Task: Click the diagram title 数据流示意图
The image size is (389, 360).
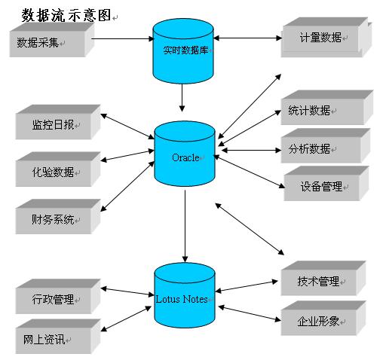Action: pyautogui.click(x=66, y=16)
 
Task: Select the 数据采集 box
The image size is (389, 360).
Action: pyautogui.click(x=52, y=40)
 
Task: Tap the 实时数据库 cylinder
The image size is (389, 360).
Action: pyautogui.click(x=183, y=50)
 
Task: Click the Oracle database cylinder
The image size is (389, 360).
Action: pyautogui.click(x=185, y=154)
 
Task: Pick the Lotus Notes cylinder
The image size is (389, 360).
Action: pyautogui.click(x=185, y=295)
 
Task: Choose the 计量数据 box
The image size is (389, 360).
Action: pyautogui.click(x=326, y=38)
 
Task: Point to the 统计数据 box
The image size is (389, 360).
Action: pyautogui.click(x=327, y=108)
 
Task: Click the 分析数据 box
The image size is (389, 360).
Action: pyautogui.click(x=326, y=145)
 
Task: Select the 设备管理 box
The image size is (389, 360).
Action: pyautogui.click(x=326, y=183)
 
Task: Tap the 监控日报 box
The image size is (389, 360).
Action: pyautogui.click(x=58, y=122)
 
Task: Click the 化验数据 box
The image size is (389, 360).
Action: pyautogui.click(x=58, y=169)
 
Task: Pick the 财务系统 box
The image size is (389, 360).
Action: pyautogui.click(x=58, y=217)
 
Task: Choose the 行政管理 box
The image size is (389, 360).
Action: pyautogui.click(x=58, y=296)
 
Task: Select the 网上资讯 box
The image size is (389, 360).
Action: pyautogui.click(x=58, y=337)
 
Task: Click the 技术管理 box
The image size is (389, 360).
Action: pyautogui.click(x=323, y=278)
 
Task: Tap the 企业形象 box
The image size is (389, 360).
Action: pyautogui.click(x=323, y=318)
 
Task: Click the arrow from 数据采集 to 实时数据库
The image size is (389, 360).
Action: pyautogui.click(x=123, y=38)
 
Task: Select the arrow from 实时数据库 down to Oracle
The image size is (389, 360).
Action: pyautogui.click(x=182, y=98)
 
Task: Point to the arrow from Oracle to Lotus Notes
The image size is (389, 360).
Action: pyautogui.click(x=185, y=226)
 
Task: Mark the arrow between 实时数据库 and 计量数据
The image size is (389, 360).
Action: pyautogui.click(x=247, y=38)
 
